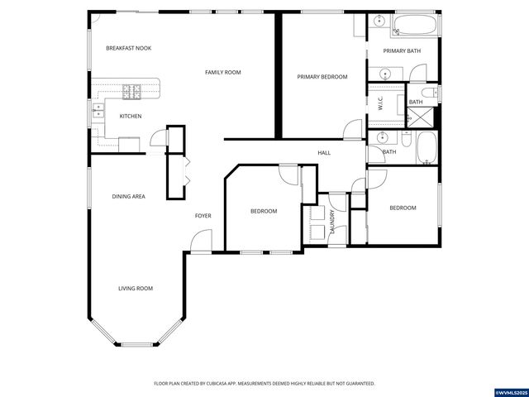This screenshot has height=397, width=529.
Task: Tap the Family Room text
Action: pyautogui.click(x=222, y=73)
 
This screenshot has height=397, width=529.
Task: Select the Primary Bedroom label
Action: pyautogui.click(x=322, y=77)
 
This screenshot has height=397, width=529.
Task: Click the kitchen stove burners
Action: pyautogui.click(x=132, y=89)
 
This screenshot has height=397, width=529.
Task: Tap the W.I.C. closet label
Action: pyautogui.click(x=379, y=103)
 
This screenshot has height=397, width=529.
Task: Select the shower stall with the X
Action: pyautogui.click(x=422, y=117)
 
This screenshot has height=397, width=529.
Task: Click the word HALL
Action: pyautogui.click(x=325, y=152)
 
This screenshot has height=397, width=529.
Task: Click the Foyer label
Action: pyautogui.click(x=203, y=216)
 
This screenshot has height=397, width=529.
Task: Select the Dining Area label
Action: pyautogui.click(x=129, y=196)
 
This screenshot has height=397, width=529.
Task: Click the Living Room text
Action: pyautogui.click(x=135, y=288)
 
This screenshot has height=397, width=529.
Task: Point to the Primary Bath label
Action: pyautogui.click(x=402, y=51)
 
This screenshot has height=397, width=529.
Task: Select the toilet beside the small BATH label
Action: pyautogui.click(x=428, y=92)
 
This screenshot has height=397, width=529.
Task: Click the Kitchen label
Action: pyautogui.click(x=131, y=116)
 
